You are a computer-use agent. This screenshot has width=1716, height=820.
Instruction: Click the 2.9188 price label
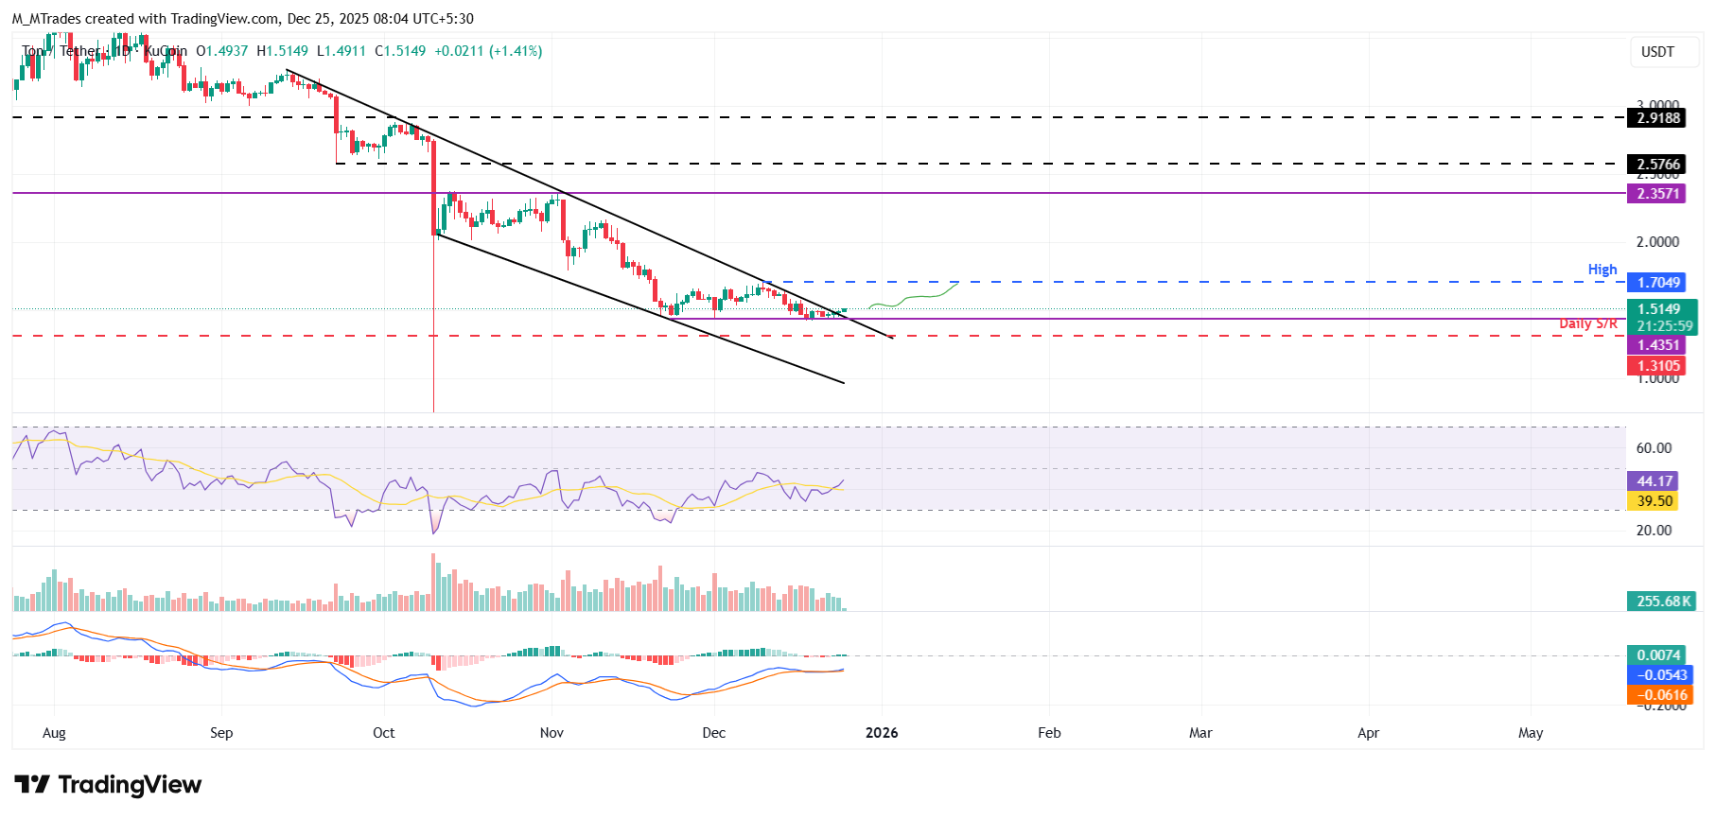(x=1658, y=118)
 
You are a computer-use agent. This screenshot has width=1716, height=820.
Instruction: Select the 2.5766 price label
(x=1658, y=165)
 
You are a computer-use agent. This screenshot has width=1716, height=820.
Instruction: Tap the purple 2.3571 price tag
(x=1658, y=194)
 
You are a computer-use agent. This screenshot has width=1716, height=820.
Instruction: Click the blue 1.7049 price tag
(x=1658, y=283)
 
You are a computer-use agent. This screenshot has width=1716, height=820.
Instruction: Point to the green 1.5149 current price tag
(x=1660, y=309)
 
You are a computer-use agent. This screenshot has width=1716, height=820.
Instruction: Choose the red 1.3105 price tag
(x=1658, y=366)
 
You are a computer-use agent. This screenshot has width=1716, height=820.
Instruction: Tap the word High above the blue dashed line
(x=1602, y=270)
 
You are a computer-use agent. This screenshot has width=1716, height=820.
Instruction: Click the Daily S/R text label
(x=1587, y=323)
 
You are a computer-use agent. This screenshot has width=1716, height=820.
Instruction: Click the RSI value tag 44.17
(x=1654, y=481)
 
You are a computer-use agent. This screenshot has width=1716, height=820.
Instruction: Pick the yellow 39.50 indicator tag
(x=1654, y=501)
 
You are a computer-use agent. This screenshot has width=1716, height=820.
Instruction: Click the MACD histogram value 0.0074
(x=1658, y=655)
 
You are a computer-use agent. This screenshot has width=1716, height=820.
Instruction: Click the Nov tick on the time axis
(x=552, y=733)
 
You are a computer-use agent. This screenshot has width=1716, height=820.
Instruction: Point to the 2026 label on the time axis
(x=882, y=733)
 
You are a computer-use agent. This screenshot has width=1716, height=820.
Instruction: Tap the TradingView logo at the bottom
(x=108, y=784)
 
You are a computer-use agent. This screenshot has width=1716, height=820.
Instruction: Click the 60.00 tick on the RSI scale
(x=1654, y=448)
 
